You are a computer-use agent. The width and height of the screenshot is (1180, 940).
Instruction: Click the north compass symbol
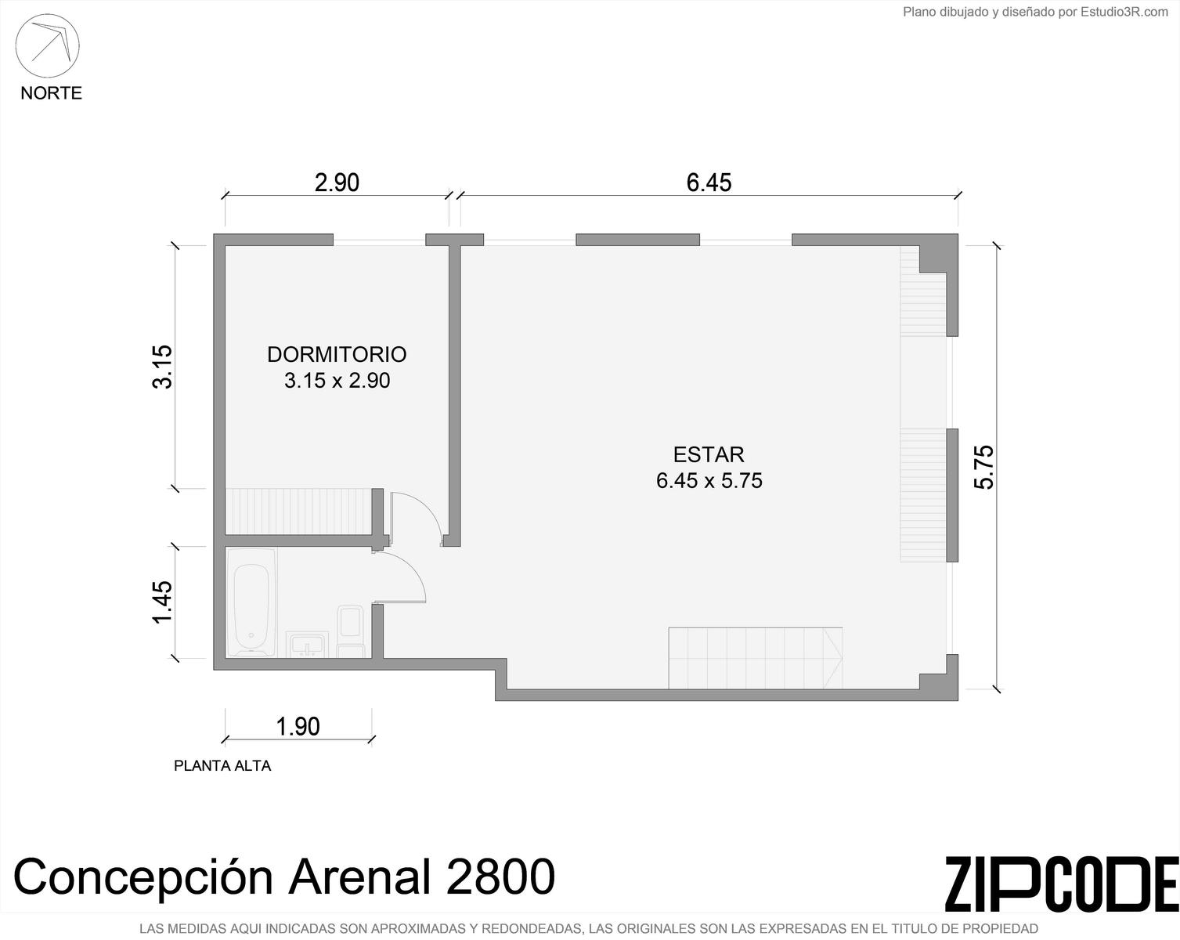click(47, 46)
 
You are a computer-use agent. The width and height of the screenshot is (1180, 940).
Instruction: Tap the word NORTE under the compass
click(51, 93)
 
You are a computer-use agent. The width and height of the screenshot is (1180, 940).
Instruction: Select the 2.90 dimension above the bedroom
click(337, 183)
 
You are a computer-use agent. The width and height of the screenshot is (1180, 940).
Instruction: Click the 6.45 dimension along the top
click(709, 183)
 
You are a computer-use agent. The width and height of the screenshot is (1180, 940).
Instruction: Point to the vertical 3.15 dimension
click(162, 367)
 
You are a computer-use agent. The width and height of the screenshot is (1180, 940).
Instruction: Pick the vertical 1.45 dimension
click(162, 602)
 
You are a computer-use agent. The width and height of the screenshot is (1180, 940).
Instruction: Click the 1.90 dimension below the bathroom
click(298, 726)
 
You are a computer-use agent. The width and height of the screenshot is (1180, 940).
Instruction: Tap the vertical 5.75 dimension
click(983, 466)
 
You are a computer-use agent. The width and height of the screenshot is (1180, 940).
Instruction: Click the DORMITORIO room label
click(337, 355)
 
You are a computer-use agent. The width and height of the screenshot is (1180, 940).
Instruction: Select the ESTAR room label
click(709, 455)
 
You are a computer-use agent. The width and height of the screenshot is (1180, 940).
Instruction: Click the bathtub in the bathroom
click(251, 602)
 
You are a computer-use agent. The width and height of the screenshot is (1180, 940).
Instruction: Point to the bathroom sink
click(307, 644)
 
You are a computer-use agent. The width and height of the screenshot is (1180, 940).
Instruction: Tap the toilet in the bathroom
click(351, 631)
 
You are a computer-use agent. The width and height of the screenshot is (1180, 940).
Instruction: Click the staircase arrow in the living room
click(833, 658)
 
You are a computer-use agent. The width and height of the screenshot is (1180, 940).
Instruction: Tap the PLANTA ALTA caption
click(222, 765)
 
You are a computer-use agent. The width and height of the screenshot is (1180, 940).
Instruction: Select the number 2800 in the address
click(500, 877)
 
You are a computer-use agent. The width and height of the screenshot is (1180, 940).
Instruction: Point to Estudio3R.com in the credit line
click(1124, 12)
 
